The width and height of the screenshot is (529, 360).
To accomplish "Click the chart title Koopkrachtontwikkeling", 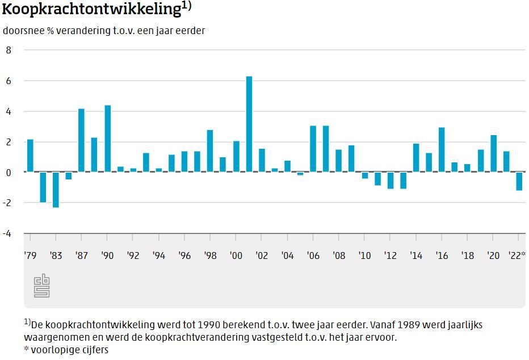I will click(91, 10).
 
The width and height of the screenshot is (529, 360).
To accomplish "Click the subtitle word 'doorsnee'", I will click(22, 31).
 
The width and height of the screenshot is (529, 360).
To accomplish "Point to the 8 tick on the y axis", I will click(9, 50).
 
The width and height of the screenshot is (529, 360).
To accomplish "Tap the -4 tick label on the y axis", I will click(7, 233).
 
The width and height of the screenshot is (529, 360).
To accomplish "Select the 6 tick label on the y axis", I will click(9, 81).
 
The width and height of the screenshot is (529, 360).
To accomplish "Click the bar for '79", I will click(30, 156).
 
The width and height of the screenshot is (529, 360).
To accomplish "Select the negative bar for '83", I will click(56, 190).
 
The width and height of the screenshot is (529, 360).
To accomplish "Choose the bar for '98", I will click(210, 151).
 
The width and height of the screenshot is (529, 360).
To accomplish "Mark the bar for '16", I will click(442, 150).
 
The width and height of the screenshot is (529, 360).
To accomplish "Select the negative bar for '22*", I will click(519, 181).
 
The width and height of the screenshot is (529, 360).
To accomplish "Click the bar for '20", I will click(493, 153).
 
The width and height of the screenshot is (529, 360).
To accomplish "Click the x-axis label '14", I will click(416, 256).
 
